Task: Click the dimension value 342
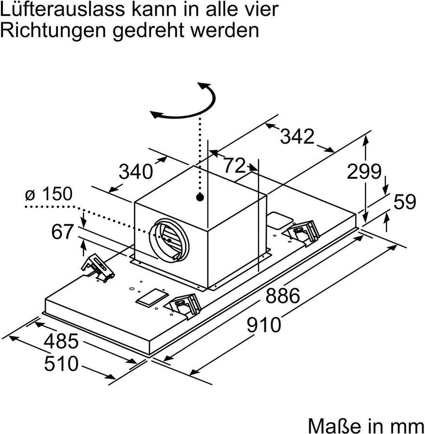pyautogui.click(x=297, y=137)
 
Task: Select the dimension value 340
pyautogui.click(x=136, y=172)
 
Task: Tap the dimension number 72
pyautogui.click(x=234, y=165)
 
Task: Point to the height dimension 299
pyautogui.click(x=364, y=171)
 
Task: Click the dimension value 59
pyautogui.click(x=404, y=202)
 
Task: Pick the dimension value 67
pyautogui.click(x=62, y=232)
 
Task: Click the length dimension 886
pyautogui.click(x=283, y=296)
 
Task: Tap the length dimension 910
pyautogui.click(x=264, y=325)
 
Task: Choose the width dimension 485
pyautogui.click(x=61, y=341)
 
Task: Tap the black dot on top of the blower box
pyautogui.click(x=199, y=197)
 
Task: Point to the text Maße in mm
pyautogui.click(x=365, y=425)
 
